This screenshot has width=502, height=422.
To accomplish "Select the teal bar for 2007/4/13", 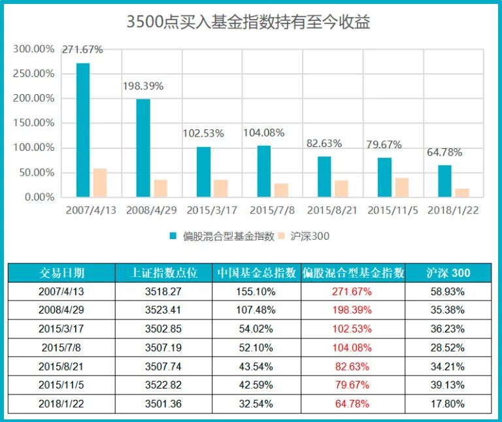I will [83, 130].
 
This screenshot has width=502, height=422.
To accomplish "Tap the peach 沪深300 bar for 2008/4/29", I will [160, 188].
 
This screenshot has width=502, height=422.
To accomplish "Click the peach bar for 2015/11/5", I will [401, 187].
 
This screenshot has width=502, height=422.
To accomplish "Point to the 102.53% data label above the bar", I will [203, 133].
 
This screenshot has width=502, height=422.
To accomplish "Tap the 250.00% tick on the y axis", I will [34, 74].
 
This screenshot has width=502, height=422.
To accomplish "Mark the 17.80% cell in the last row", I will [448, 404].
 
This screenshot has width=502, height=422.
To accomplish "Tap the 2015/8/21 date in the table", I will [61, 366].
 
